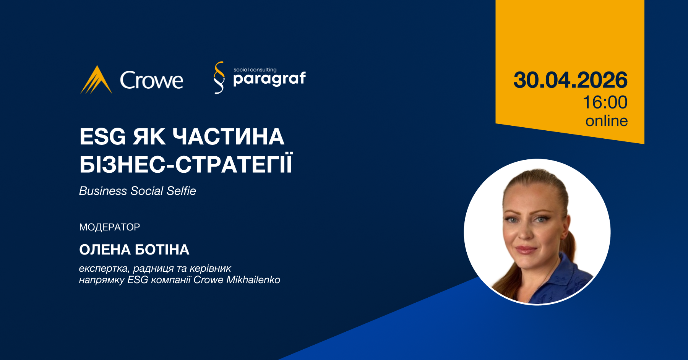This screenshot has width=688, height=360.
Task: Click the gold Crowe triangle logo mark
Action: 96,80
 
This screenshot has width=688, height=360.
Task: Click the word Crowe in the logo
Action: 152,80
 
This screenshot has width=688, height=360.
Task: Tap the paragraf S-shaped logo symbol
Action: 219,78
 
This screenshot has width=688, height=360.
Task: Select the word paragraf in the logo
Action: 269,79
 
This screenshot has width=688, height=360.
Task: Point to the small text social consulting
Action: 255,70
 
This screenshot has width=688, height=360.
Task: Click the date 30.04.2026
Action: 570,80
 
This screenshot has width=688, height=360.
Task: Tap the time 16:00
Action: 605,102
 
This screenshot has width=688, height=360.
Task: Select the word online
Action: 607,121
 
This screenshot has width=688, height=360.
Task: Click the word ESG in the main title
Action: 102,136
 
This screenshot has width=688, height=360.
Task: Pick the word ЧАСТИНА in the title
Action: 229,136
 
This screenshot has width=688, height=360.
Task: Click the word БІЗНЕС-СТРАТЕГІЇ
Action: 186,164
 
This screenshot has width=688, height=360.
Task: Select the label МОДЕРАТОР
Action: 110,227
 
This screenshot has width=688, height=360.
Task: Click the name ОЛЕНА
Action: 105,250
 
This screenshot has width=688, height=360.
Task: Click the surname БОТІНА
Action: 162,250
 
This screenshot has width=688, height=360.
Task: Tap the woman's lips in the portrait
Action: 526,250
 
